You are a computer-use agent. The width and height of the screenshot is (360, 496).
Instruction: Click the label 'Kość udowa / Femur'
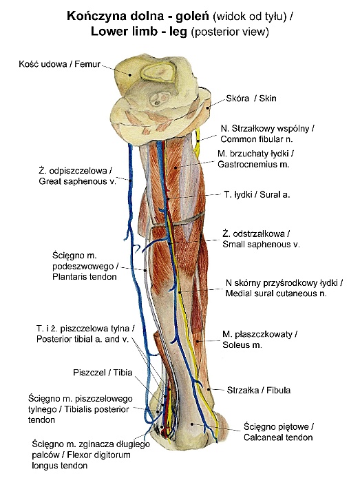pos(59,64)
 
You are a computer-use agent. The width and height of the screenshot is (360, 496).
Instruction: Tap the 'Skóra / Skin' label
pos(251,99)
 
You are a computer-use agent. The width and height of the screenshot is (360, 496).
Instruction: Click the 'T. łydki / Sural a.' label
pos(257,194)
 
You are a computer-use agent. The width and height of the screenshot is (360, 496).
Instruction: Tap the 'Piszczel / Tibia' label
pos(103,372)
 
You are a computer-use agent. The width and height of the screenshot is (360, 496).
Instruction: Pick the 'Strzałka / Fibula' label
pos(259,391)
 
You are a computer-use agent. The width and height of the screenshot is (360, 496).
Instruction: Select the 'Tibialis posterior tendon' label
pos(81,409)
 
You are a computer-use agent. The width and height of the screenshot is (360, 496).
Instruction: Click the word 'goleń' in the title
pos(192,16)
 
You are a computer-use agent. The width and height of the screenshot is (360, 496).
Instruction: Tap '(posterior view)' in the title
pos(230,32)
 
